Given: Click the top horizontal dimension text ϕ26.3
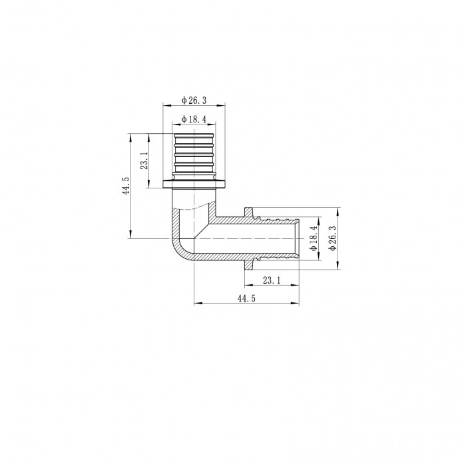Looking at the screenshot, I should pos(194,101).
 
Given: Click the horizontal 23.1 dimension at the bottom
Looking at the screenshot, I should pos(272,281).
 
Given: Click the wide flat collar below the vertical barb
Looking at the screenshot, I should pos(194,184).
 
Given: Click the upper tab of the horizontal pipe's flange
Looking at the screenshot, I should pos(250,211).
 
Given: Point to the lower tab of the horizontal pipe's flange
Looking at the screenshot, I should pos(250,264).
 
